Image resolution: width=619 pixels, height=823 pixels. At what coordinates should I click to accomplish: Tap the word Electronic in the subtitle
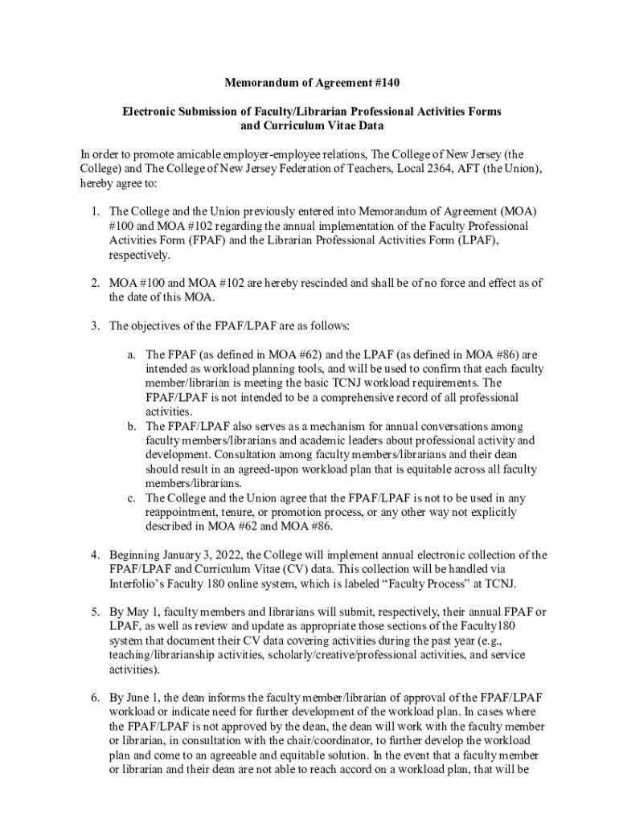click(150, 111)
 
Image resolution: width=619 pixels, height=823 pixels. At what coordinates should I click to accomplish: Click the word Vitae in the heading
click(339, 125)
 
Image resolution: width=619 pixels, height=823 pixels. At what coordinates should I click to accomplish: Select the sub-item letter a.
click(130, 354)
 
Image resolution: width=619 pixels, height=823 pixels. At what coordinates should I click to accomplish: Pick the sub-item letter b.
click(130, 426)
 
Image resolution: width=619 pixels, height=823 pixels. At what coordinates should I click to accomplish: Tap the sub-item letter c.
click(130, 497)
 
